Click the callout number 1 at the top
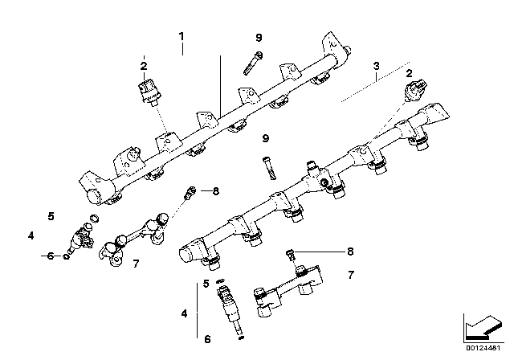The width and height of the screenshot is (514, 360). (x=182, y=36)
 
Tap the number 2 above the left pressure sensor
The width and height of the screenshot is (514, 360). (x=143, y=66)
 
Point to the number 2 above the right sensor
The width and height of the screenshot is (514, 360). (x=410, y=73)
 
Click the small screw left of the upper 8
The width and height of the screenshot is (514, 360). (x=190, y=192)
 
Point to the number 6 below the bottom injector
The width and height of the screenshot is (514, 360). (x=208, y=339)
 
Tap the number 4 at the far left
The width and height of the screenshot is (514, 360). (x=30, y=235)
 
